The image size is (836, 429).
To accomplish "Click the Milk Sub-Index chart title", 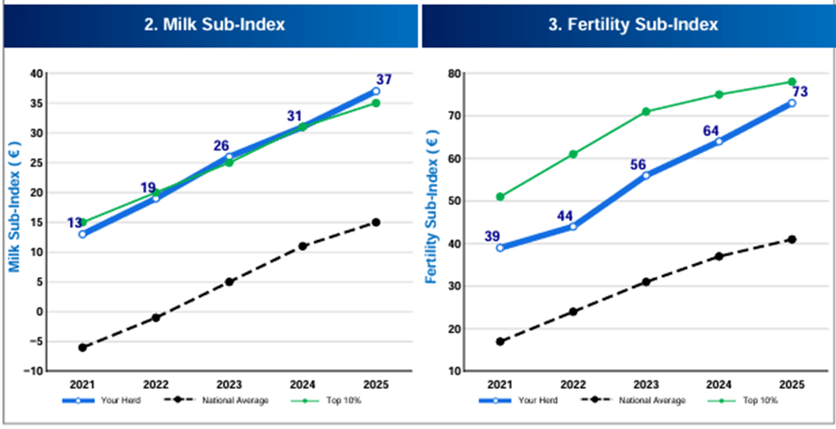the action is [214, 25].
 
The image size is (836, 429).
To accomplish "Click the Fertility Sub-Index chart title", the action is [633, 25].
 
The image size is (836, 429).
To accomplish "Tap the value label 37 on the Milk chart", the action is [384, 79].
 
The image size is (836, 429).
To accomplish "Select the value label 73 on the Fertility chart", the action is [800, 92].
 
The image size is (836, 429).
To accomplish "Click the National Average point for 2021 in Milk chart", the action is [82, 348].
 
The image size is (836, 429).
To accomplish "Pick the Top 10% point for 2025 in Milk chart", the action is [376, 103].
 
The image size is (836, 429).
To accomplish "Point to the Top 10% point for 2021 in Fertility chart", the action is [500, 197].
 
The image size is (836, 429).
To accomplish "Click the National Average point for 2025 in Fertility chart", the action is [792, 239].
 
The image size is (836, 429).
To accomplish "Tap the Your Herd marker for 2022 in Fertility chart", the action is [573, 226].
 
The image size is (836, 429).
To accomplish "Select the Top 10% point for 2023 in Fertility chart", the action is [646, 112].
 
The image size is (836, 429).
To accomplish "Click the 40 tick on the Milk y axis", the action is [35, 73].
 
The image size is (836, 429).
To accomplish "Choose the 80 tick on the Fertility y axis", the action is [454, 73].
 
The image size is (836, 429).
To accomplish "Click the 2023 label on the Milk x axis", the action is [228, 385].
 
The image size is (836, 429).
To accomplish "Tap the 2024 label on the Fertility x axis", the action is [719, 385].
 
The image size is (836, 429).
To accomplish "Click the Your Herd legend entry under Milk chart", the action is [101, 401].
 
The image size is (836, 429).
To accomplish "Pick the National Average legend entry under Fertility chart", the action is [630, 401].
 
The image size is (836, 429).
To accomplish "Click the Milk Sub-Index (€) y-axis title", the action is [15, 206].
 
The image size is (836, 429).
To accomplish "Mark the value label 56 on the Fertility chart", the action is [638, 165].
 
